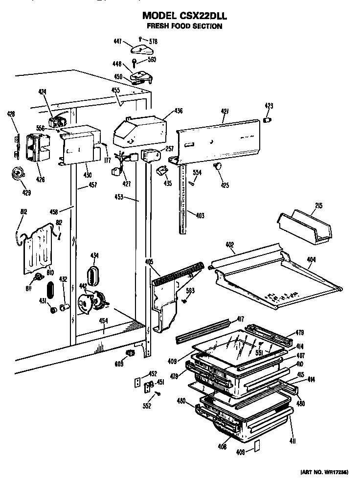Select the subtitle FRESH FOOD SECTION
tap(185, 26)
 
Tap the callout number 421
tap(225, 112)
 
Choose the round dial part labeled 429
tap(19, 174)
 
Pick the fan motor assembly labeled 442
tap(92, 301)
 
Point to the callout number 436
tap(179, 111)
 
